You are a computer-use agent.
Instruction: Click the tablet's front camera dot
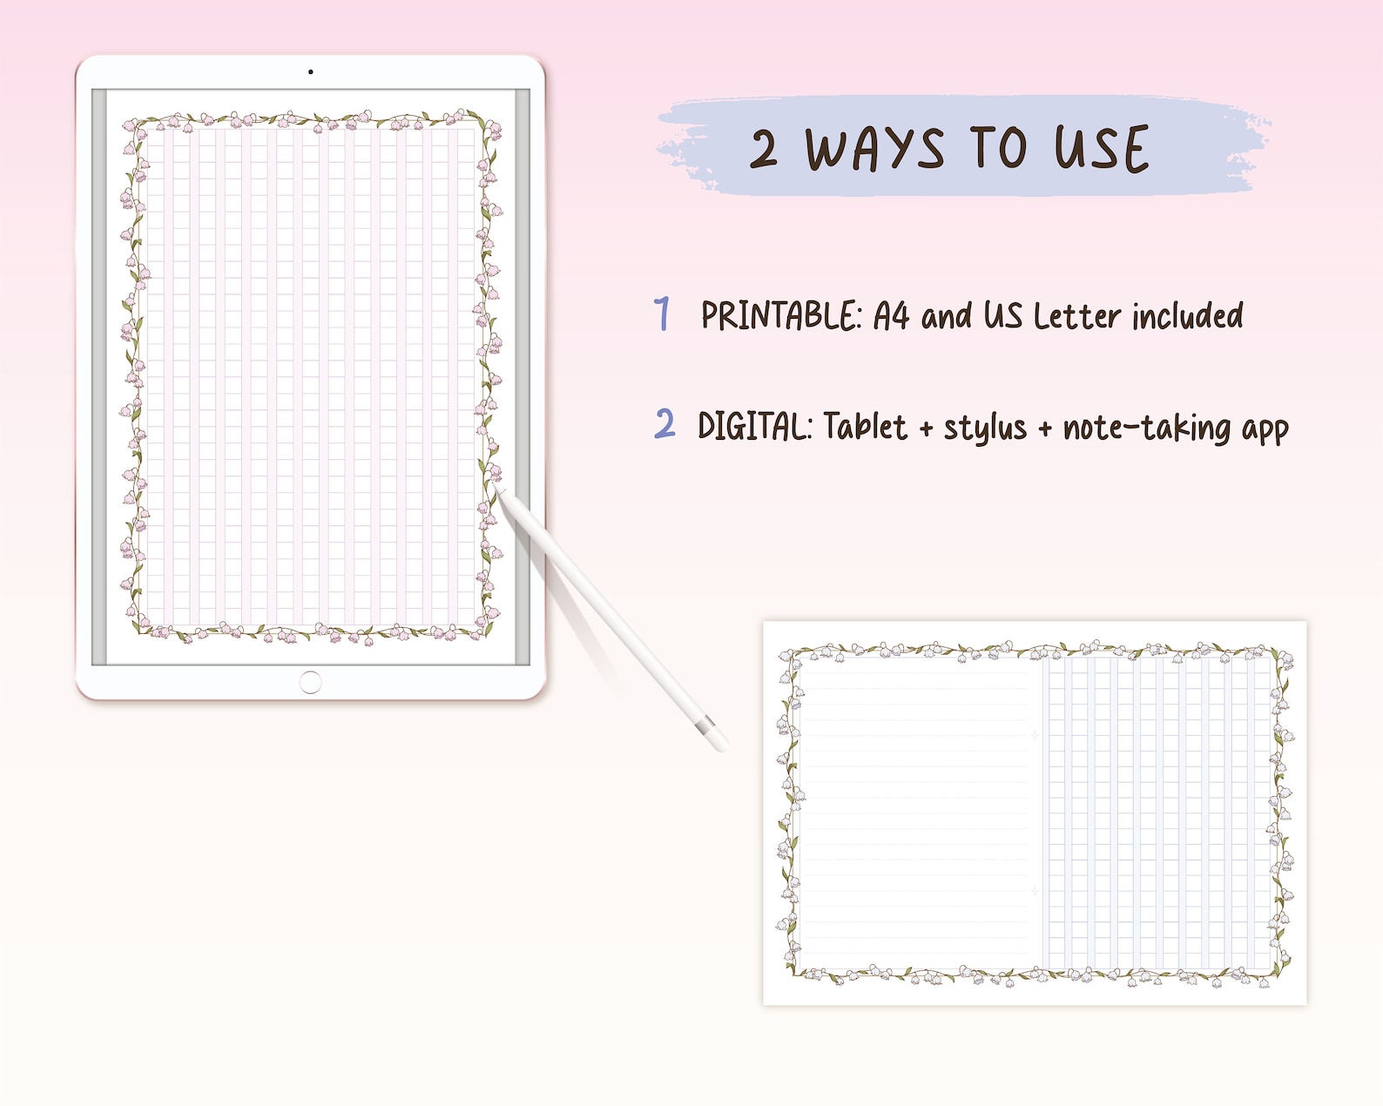tap(310, 72)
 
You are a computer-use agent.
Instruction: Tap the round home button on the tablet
tap(310, 682)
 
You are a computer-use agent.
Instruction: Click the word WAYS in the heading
tap(874, 149)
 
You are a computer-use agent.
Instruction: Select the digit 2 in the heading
tap(764, 149)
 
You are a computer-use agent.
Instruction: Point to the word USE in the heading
tap(1103, 149)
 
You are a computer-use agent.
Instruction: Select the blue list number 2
tap(665, 423)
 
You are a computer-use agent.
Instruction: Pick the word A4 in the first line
tap(891, 315)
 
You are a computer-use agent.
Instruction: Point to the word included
tap(1188, 315)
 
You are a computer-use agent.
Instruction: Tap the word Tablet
tap(865, 426)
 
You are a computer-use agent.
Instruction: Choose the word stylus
tap(985, 428)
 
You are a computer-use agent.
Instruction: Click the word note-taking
tap(1146, 428)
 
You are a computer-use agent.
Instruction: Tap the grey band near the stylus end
tap(707, 724)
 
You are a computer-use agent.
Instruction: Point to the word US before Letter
tap(1002, 315)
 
